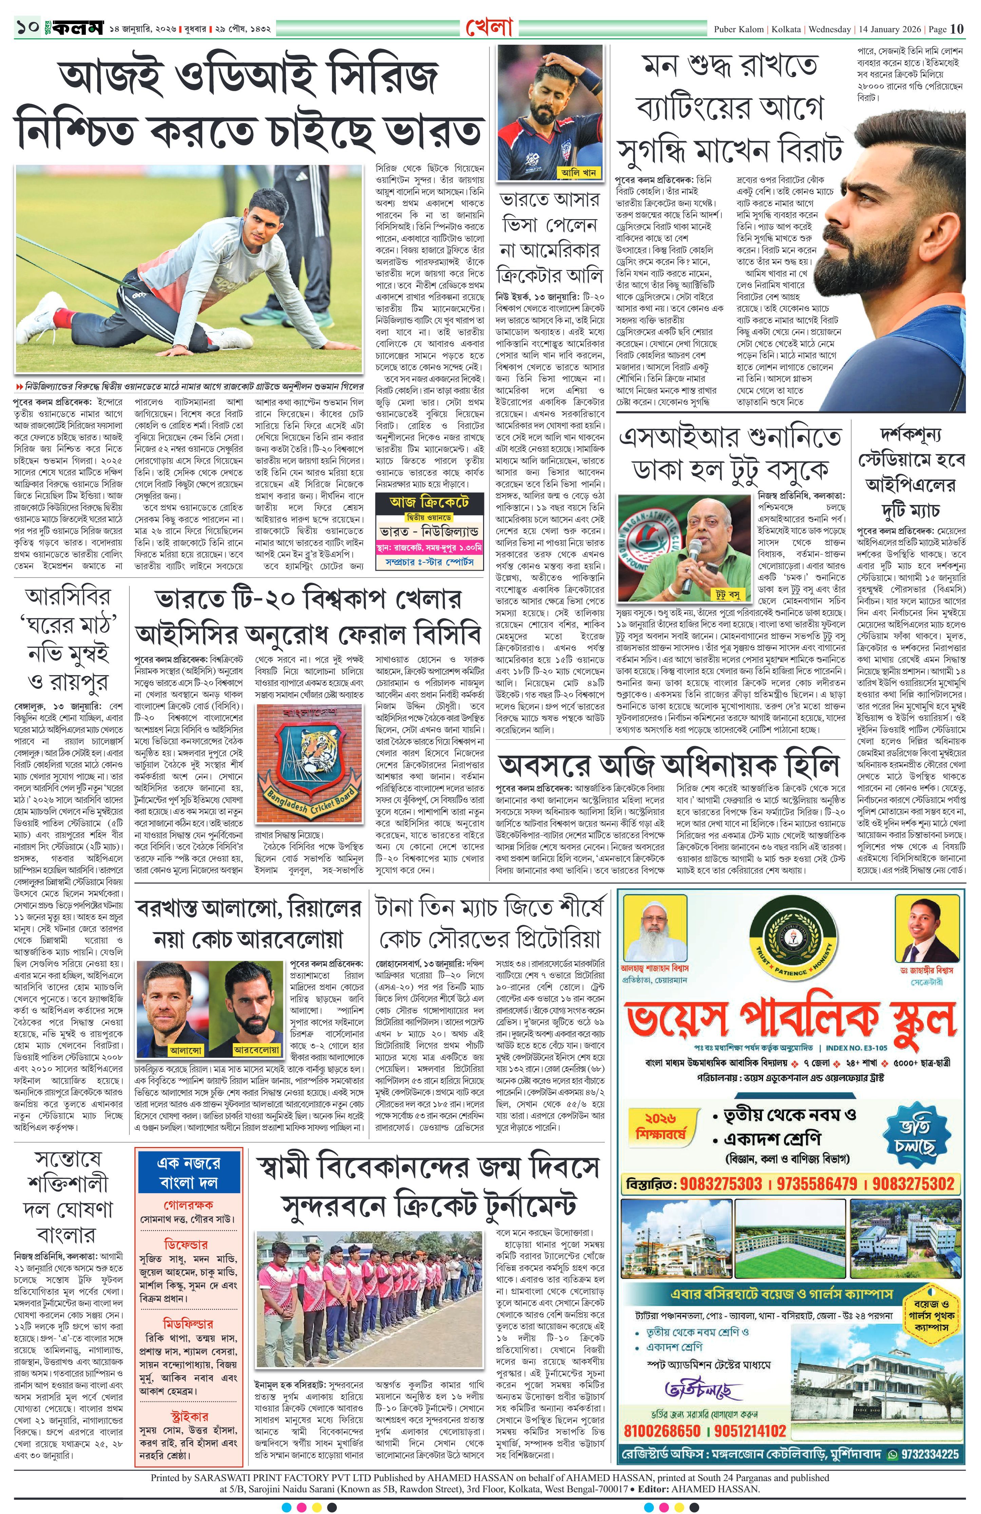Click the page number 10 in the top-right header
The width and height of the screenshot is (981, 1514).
click(958, 28)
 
